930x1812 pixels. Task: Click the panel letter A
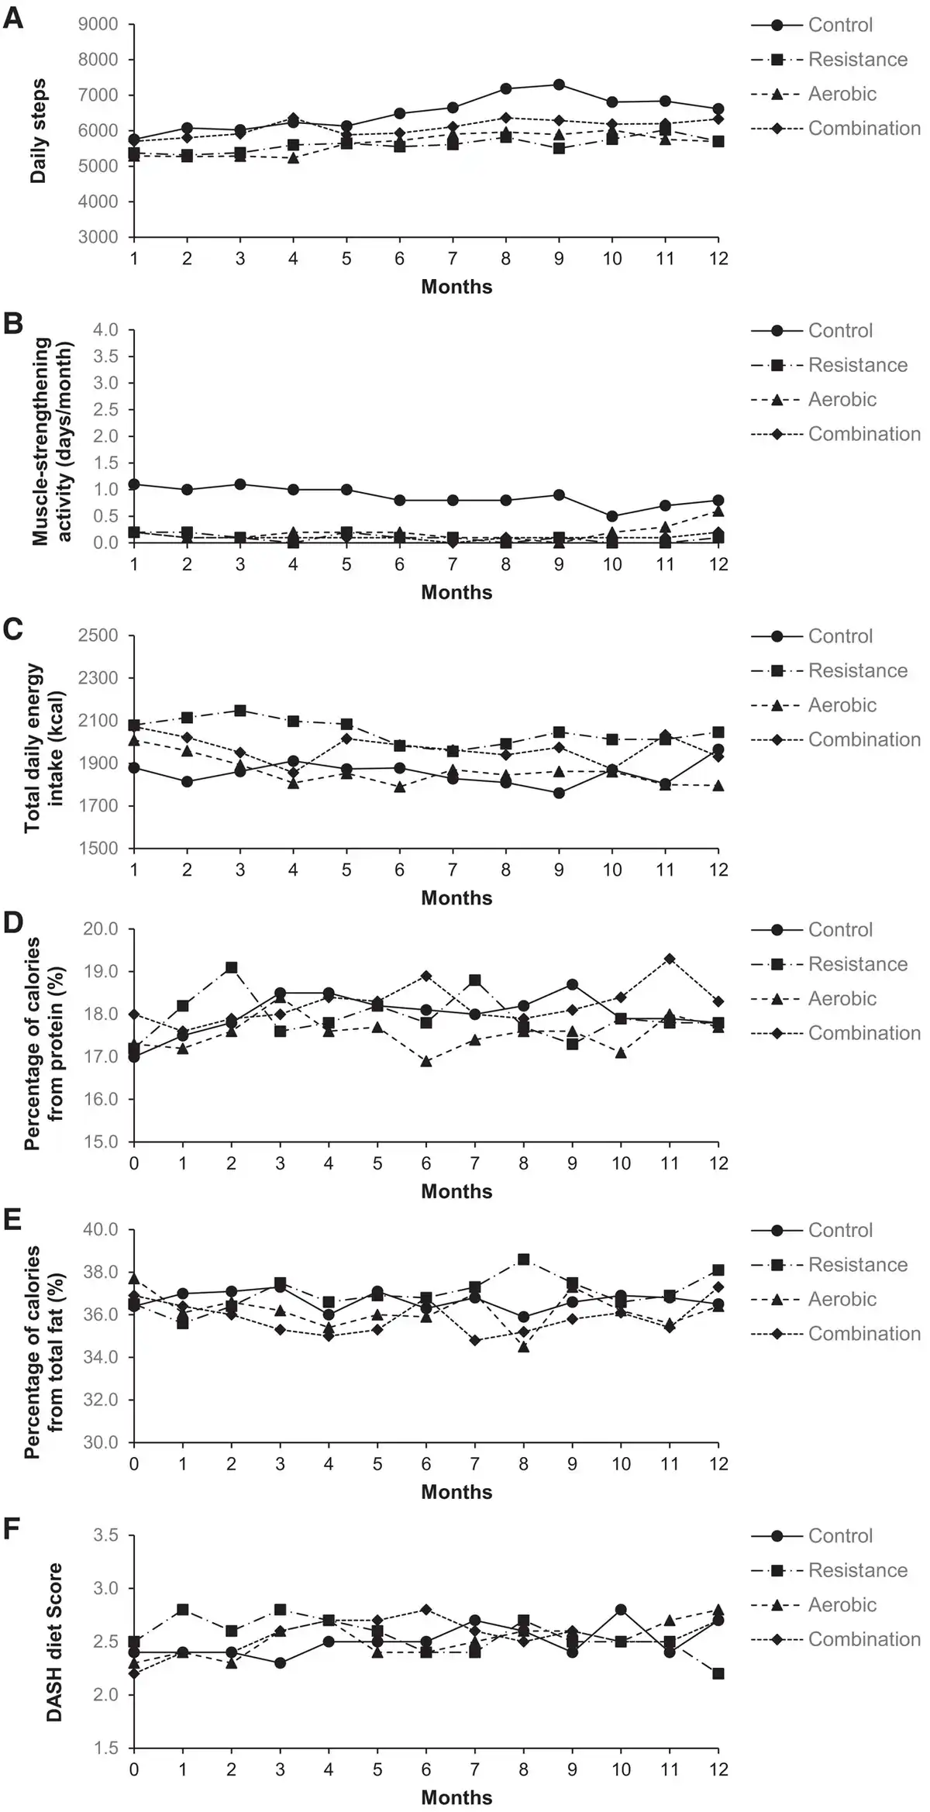point(13,18)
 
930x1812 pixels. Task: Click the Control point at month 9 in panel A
point(559,84)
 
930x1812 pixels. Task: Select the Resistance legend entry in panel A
point(857,60)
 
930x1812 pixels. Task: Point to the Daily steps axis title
point(39,130)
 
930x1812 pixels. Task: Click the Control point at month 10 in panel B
point(612,516)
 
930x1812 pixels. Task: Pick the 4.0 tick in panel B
point(108,330)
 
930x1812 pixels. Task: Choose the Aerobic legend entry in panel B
point(842,399)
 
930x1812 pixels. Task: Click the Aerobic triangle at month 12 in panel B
point(718,511)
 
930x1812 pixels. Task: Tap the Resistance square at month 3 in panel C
point(240,710)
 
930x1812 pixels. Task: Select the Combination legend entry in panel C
point(864,739)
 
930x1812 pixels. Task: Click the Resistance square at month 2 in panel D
point(231,967)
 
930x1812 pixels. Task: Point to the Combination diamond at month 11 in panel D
point(670,959)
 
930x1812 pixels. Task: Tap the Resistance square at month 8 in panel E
point(524,1259)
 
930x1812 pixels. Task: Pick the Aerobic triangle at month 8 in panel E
point(524,1347)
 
